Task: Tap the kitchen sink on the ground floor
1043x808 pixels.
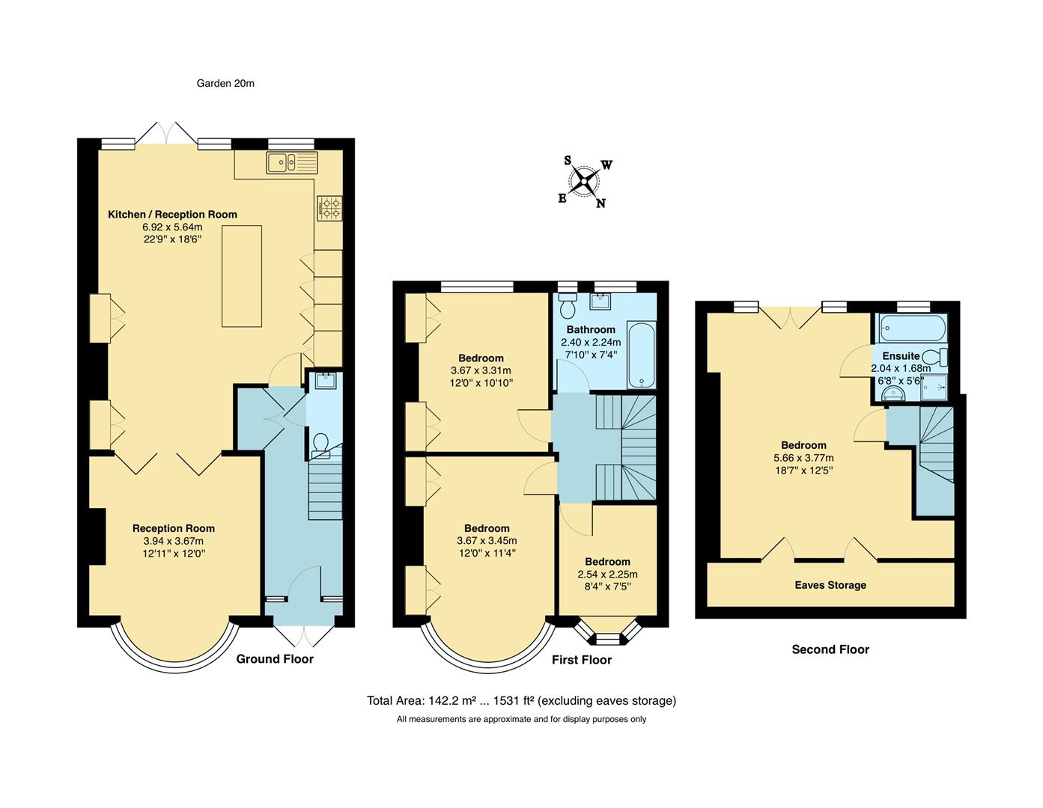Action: click(291, 162)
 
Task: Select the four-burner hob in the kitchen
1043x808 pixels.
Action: click(329, 209)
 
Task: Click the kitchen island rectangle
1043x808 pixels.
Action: click(241, 275)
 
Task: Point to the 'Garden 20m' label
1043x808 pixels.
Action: click(225, 84)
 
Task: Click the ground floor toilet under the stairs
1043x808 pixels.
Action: click(321, 444)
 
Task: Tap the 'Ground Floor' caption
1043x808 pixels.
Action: click(275, 659)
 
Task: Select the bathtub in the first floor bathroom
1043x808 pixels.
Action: click(642, 355)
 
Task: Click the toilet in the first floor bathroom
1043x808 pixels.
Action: click(567, 307)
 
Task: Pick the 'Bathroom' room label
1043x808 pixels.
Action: click(591, 330)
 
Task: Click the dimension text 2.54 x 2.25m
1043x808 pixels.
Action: click(607, 575)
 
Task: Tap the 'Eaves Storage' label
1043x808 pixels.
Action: click(830, 585)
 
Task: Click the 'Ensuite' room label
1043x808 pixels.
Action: click(901, 356)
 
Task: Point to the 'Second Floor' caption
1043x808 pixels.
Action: click(830, 649)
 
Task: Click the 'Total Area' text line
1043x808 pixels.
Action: click(521, 701)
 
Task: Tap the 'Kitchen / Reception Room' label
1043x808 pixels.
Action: click(172, 215)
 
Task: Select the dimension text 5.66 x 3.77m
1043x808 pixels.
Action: click(803, 458)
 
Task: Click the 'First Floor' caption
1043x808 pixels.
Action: click(582, 660)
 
